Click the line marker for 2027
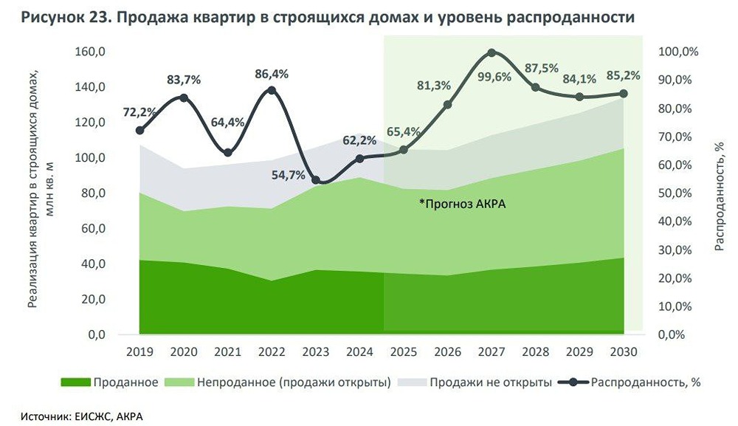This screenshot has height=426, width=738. pyautogui.click(x=492, y=53)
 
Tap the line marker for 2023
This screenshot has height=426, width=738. pyautogui.click(x=316, y=180)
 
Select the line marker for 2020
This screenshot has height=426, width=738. pyautogui.click(x=184, y=97)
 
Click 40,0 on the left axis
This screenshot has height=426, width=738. pyautogui.click(x=95, y=264)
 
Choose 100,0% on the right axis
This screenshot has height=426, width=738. pyautogui.click(x=677, y=52)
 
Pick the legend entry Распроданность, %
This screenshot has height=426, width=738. pyautogui.click(x=635, y=382)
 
